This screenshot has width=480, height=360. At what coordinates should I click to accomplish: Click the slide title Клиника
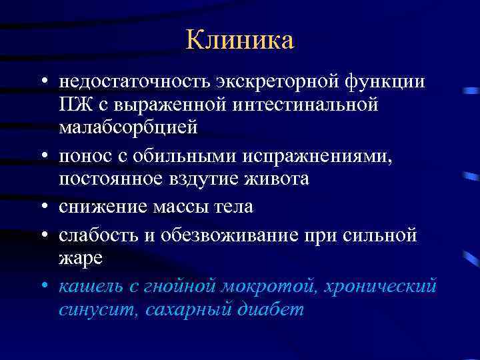(x=240, y=40)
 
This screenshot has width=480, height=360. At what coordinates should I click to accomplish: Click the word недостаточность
(x=135, y=81)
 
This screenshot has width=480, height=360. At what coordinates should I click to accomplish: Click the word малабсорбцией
(x=128, y=127)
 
